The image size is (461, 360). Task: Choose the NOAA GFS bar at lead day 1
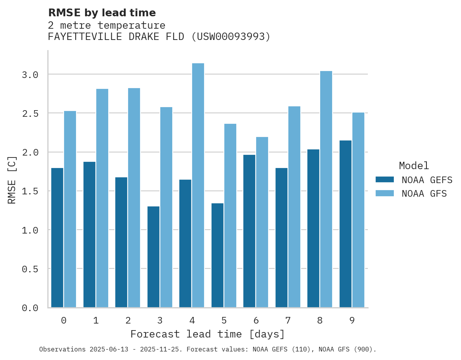pyautogui.click(x=102, y=198)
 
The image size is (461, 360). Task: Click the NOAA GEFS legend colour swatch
pyautogui.click(x=385, y=180)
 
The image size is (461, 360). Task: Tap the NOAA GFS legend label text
pyautogui.click(x=424, y=194)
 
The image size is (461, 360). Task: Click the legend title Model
pyautogui.click(x=414, y=166)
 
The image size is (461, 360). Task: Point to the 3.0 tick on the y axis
pyautogui.click(x=30, y=74)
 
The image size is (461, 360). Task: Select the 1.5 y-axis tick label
pyautogui.click(x=30, y=191)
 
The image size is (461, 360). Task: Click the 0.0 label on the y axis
pyautogui.click(x=30, y=308)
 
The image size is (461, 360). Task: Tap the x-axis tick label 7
pyautogui.click(x=288, y=320)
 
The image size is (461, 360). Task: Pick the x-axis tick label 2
pyautogui.click(x=128, y=320)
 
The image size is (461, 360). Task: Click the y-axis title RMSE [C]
pyautogui.click(x=12, y=180)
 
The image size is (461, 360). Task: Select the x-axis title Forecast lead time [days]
pyautogui.click(x=208, y=334)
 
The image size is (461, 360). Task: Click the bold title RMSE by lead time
pyautogui.click(x=102, y=13)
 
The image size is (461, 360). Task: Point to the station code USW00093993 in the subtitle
pyautogui.click(x=230, y=37)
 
